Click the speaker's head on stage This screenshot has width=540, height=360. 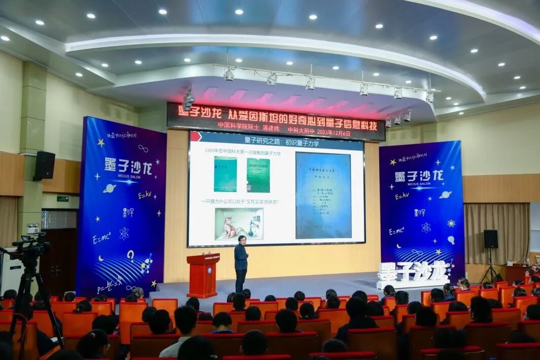pos(242,239)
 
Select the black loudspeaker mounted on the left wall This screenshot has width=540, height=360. pos(44,166)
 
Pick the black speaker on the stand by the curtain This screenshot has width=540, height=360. pos(490,239)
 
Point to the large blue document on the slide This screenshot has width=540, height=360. pos(323,195)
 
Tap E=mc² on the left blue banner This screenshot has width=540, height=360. pos(102,238)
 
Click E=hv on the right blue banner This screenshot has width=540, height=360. pos(401,195)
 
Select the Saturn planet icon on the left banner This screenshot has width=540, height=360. pos(109,188)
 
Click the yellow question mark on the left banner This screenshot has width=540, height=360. pos(130,254)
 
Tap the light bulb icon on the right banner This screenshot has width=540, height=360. pos(451,240)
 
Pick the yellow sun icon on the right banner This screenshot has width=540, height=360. pos(451,223)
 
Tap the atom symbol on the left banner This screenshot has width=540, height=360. pos(124,234)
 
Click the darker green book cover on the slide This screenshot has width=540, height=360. pos(258,175)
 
